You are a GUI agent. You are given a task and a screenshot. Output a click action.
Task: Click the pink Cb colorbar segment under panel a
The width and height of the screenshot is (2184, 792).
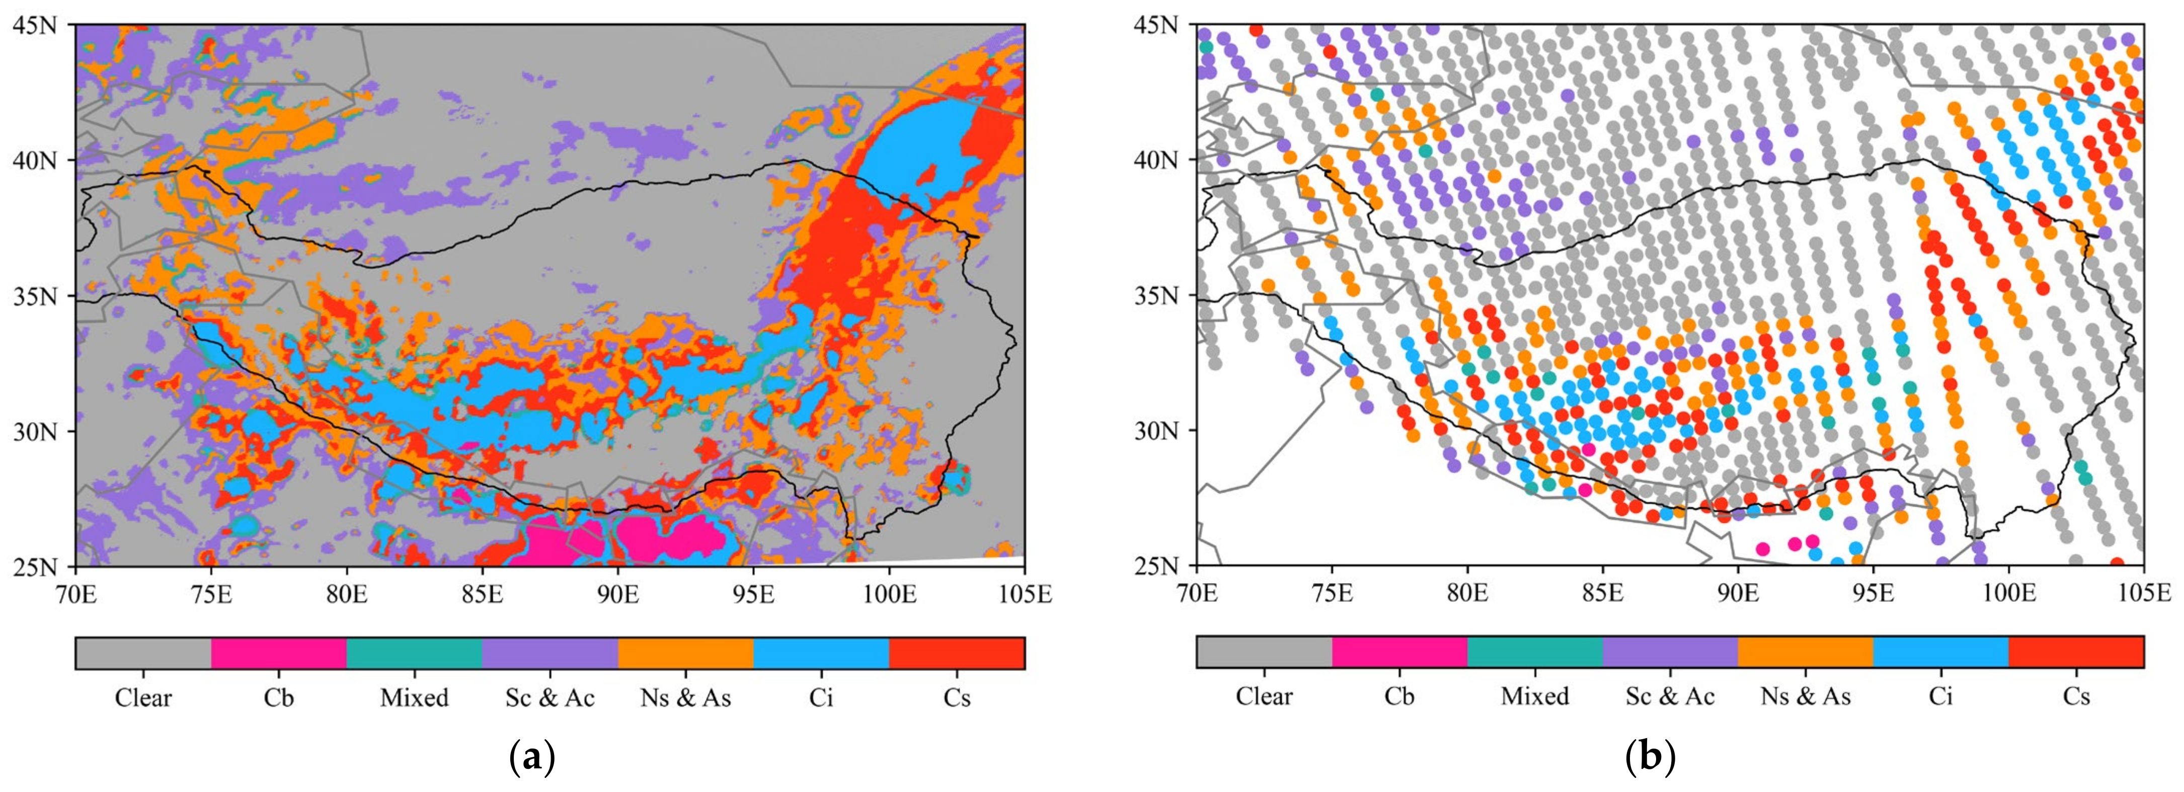pos(279,653)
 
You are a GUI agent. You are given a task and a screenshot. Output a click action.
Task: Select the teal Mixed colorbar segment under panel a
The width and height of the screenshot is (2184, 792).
pos(415,653)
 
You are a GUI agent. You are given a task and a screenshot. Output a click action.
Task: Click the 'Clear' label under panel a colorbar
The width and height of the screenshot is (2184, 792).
pos(143,698)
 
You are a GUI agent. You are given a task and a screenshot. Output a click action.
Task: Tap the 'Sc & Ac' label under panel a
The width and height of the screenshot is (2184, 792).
pos(550,698)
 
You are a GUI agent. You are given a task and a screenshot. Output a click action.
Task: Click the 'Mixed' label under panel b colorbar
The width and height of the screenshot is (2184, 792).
pos(1534,696)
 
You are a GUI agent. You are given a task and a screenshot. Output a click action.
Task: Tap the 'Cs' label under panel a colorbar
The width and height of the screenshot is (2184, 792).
pos(957,698)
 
